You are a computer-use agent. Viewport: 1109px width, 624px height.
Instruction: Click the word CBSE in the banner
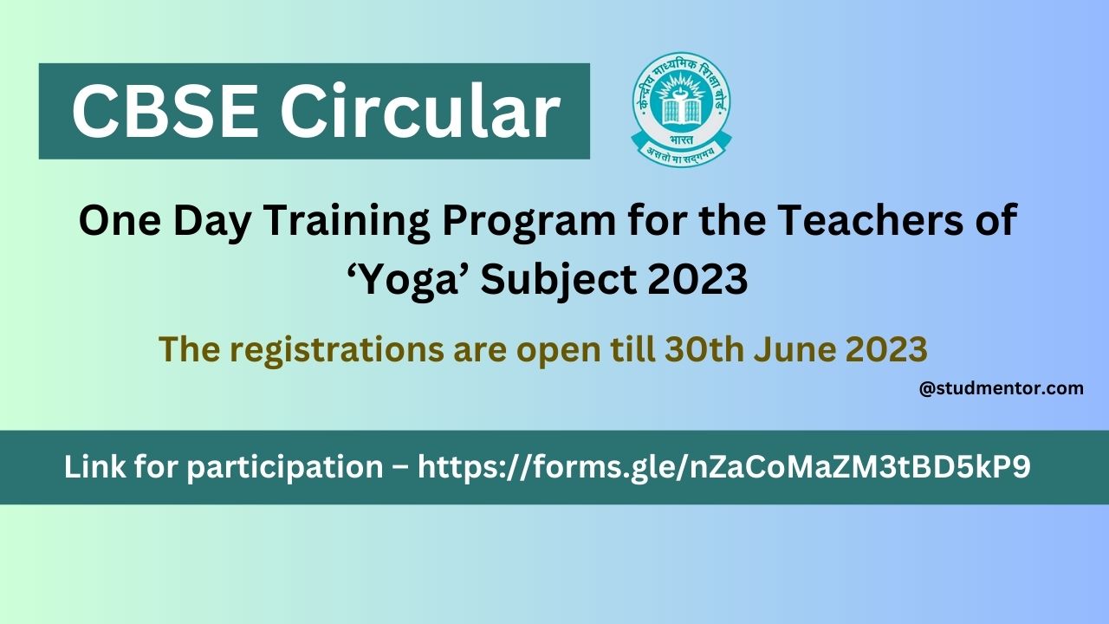[x=164, y=112]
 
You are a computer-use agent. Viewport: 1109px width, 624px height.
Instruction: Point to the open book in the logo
[x=680, y=109]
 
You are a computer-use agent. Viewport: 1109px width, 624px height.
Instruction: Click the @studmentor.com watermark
[x=1001, y=388]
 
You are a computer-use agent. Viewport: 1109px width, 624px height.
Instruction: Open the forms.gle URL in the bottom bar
[x=723, y=467]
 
